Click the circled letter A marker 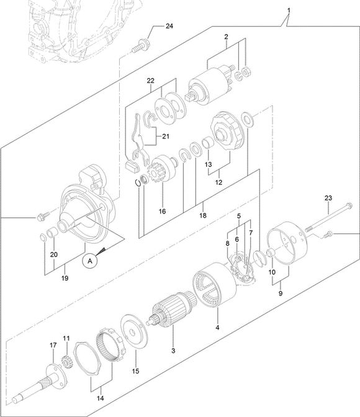pos(90,261)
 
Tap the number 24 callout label pos(169,26)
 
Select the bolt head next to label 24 pos(144,43)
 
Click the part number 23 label pos(328,198)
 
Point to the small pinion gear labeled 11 pos(65,362)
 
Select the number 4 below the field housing pos(217,328)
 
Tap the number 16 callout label pos(162,211)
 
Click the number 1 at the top pos(289,11)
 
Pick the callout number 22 pos(151,81)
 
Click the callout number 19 pos(65,278)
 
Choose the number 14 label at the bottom pos(101,398)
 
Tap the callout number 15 pos(135,370)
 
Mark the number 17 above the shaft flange pos(53,345)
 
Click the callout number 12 pos(218,182)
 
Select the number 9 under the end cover pos(281,294)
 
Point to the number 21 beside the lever pos(166,137)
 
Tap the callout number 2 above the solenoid pos(226,37)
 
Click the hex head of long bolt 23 pos(349,205)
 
